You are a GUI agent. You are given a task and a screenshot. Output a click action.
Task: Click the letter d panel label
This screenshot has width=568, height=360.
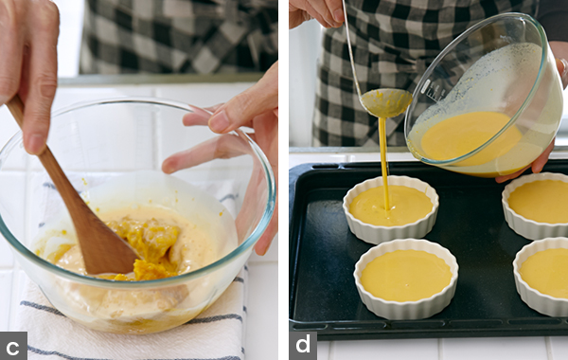(x=303, y=344)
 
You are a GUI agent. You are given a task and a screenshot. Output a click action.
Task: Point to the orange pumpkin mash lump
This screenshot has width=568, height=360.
(x=151, y=246)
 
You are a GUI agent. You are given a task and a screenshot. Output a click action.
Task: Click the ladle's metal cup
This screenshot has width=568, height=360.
(x=386, y=102)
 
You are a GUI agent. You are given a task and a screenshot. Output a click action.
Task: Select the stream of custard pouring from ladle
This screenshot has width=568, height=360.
(x=384, y=163)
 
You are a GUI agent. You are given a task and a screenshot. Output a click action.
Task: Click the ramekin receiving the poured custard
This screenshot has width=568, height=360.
(x=390, y=208)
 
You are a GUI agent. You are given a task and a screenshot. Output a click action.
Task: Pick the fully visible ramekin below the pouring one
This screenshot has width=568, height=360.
(x=406, y=279)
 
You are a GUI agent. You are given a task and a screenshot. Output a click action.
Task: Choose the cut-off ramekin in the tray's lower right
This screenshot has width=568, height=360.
(x=541, y=277)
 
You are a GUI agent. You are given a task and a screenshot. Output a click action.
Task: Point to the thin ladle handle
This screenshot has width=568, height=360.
(x=351, y=47)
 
